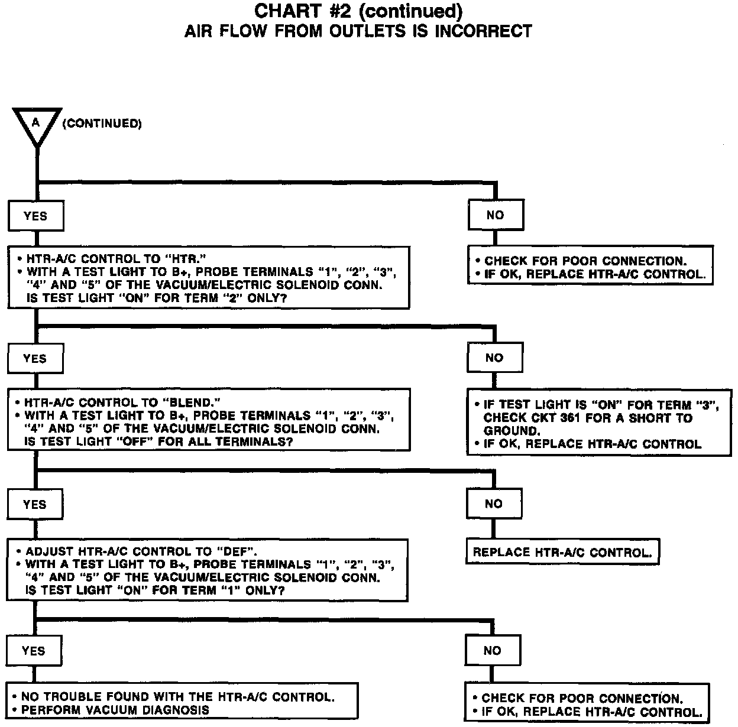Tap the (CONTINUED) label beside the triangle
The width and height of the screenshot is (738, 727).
click(102, 124)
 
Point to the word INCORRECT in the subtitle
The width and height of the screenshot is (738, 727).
click(483, 31)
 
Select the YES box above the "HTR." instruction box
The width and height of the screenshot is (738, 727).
click(35, 216)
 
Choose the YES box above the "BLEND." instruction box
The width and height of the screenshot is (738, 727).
click(35, 359)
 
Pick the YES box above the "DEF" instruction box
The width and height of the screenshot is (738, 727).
click(35, 504)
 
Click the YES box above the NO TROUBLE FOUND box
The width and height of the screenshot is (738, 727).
click(34, 651)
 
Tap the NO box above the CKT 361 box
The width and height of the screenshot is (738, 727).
click(494, 358)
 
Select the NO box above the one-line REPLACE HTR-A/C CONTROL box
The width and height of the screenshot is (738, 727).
click(494, 504)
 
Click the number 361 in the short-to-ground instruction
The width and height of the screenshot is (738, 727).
click(583, 418)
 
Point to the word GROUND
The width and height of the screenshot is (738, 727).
click(512, 431)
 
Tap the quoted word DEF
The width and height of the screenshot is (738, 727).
click(238, 551)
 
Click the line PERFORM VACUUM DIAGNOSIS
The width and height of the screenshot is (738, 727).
click(115, 710)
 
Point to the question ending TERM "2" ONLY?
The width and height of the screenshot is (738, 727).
click(157, 298)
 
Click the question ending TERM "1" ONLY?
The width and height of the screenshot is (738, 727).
click(155, 590)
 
